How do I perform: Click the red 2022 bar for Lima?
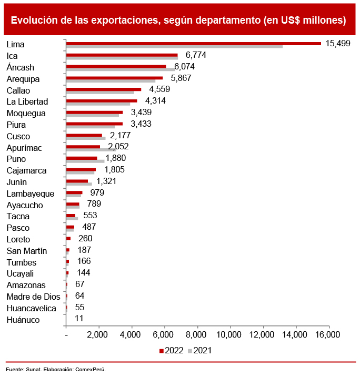coord(193,43)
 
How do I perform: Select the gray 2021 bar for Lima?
coord(174,47)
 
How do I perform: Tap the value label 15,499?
coord(338,44)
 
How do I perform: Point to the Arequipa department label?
coord(23,79)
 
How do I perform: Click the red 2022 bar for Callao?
coord(104,89)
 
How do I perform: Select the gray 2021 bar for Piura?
coord(91,127)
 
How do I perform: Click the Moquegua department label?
coord(26,113)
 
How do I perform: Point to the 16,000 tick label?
coord(328,335)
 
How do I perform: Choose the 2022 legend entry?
coord(171,350)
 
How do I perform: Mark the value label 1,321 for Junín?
coord(106,181)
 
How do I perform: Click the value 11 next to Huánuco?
coord(79,319)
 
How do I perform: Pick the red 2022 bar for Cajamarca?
coord(81,169)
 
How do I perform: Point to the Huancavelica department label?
coord(31,308)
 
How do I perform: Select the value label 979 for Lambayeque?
coord(97,193)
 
